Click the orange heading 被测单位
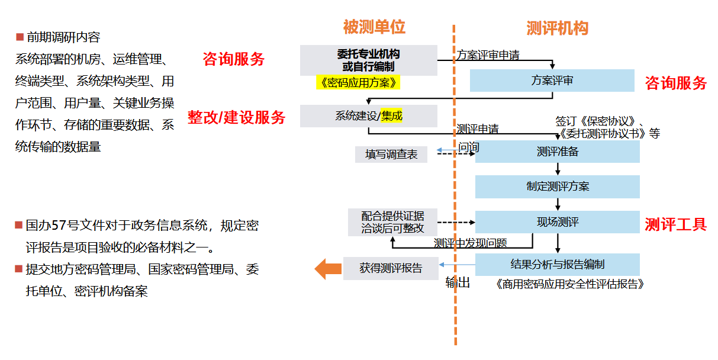pyautogui.click(x=374, y=27)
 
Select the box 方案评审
pyautogui.click(x=552, y=81)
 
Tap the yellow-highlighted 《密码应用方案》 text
pyautogui.click(x=358, y=82)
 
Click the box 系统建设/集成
pyautogui.click(x=368, y=116)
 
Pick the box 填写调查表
pyautogui.click(x=391, y=155)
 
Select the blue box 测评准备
pyautogui.click(x=557, y=152)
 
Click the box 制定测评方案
pyautogui.click(x=557, y=187)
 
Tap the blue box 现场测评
pyautogui.click(x=557, y=222)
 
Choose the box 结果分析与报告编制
pyautogui.click(x=557, y=264)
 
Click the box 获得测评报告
pyautogui.click(x=391, y=268)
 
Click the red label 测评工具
pyautogui.click(x=675, y=224)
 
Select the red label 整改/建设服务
pyautogui.click(x=236, y=117)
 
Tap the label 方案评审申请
pyautogui.click(x=488, y=55)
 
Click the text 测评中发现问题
pyautogui.click(x=470, y=243)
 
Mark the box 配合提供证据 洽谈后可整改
pyautogui.click(x=392, y=222)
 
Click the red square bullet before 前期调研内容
pyautogui.click(x=20, y=37)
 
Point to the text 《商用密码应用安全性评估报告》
pyautogui.click(x=569, y=284)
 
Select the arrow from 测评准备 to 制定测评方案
pyautogui.click(x=558, y=169)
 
